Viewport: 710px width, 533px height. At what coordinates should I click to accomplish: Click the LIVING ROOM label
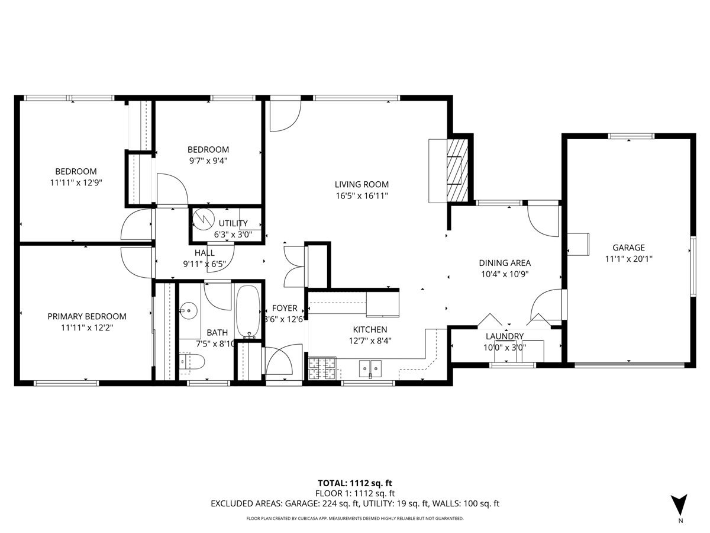point(362,184)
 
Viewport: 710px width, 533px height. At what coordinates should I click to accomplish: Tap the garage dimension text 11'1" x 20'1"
point(628,258)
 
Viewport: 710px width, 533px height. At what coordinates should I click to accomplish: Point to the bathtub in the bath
point(248,312)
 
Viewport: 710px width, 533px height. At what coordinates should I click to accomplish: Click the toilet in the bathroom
point(192,361)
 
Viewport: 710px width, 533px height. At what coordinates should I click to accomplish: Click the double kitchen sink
point(370,368)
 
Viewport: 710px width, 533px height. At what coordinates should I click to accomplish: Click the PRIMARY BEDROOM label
point(87,316)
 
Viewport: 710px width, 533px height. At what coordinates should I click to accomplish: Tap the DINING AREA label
point(504,263)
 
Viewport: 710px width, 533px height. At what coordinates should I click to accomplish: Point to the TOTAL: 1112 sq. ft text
point(355,483)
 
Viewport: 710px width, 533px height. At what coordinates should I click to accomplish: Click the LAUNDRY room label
point(504,336)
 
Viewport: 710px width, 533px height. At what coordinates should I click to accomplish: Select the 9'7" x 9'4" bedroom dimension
point(208,160)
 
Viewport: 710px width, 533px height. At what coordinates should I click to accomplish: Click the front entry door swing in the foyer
point(278,362)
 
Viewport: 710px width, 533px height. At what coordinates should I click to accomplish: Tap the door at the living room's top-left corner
point(285,116)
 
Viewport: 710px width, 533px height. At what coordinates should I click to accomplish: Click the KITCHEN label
point(370,329)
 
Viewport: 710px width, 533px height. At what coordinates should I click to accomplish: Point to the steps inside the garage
point(579,243)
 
